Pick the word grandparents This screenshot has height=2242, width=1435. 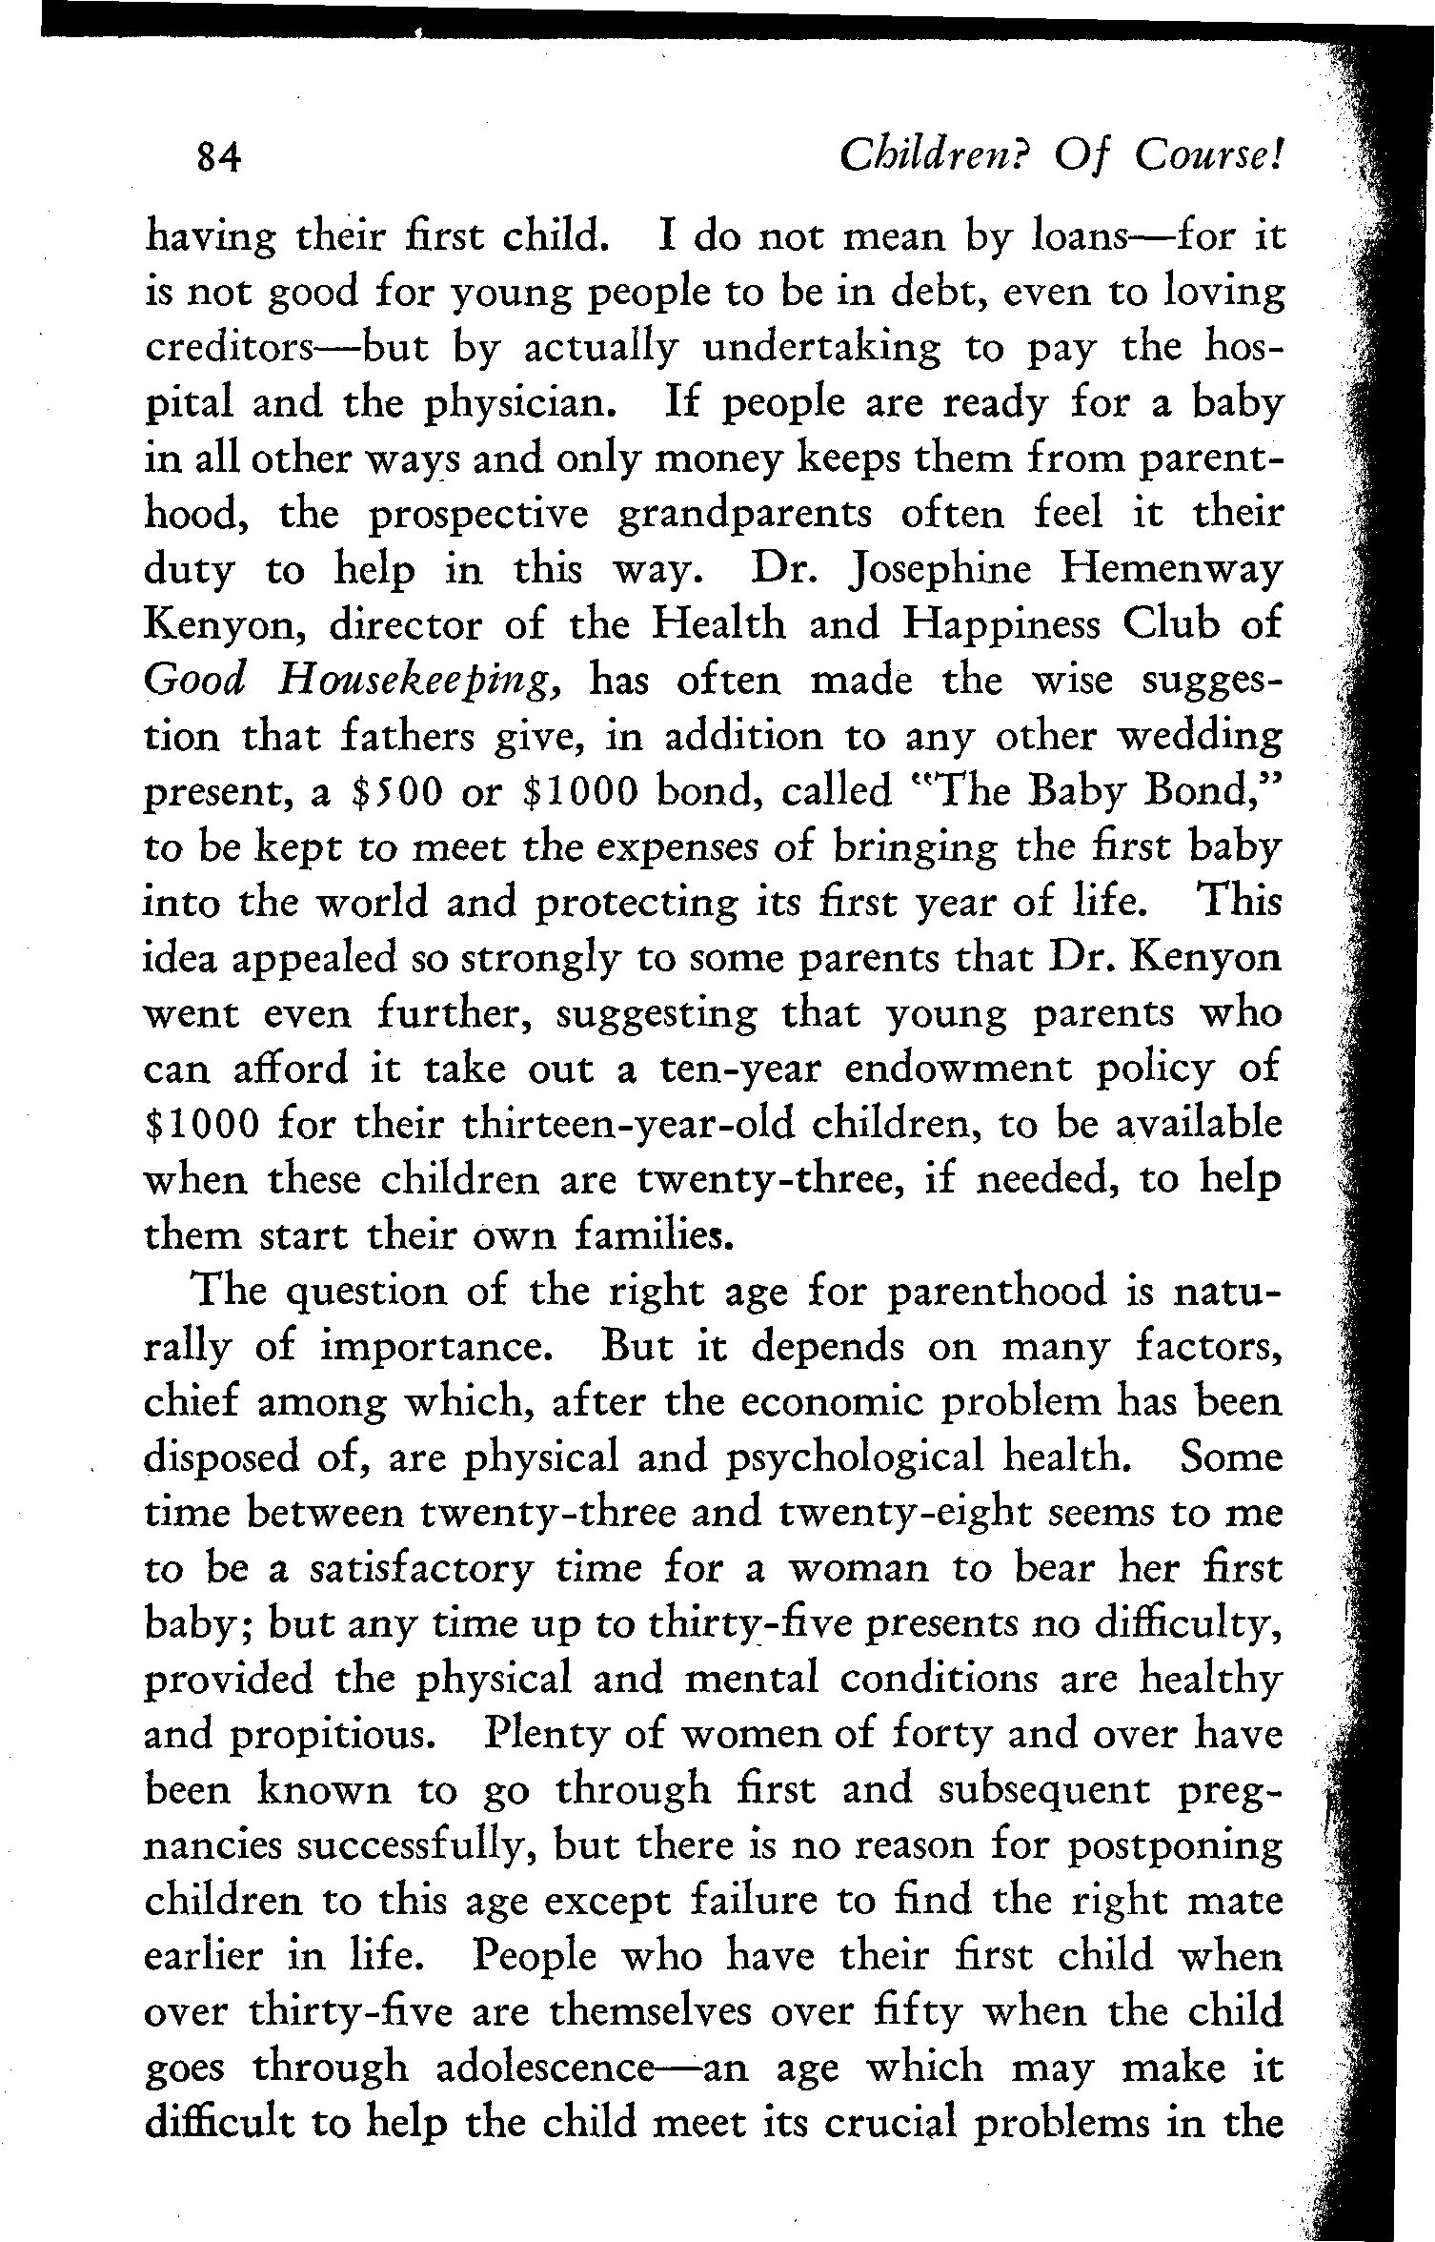(744, 515)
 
